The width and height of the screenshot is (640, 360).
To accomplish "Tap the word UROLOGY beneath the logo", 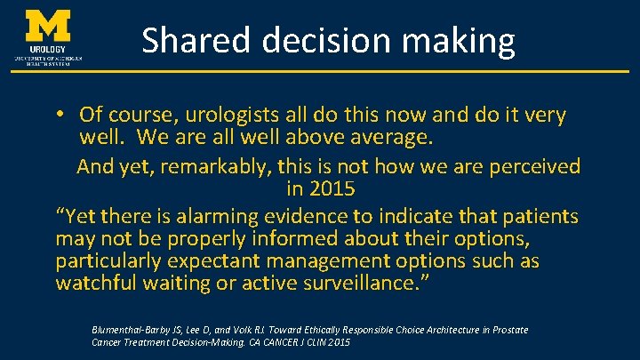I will coord(49,49).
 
